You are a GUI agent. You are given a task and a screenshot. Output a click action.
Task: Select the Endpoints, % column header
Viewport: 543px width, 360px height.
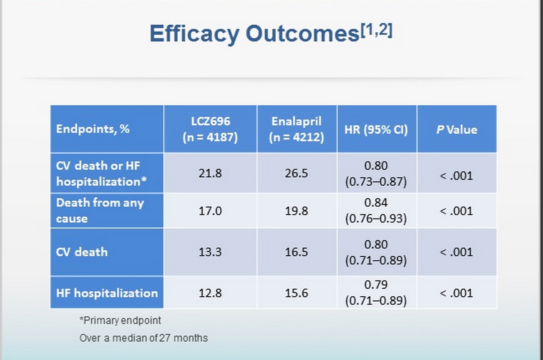click(93, 129)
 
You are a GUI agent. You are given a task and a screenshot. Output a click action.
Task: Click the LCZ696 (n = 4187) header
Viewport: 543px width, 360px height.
click(210, 129)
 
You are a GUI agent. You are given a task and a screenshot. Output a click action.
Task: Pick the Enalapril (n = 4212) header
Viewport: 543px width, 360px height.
click(297, 129)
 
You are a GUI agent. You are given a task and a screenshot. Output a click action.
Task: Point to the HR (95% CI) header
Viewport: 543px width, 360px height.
click(376, 129)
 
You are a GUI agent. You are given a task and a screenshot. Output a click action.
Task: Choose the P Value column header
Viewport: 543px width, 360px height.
click(457, 129)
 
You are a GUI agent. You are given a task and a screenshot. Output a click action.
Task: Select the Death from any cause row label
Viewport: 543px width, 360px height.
click(100, 210)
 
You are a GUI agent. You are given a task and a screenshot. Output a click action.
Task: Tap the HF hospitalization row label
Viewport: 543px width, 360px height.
click(107, 293)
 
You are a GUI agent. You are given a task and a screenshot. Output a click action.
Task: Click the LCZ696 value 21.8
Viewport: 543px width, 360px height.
click(210, 174)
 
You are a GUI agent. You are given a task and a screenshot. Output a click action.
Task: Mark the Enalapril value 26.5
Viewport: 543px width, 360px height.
click(297, 174)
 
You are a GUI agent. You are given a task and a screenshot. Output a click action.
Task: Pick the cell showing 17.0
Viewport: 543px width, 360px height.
click(210, 211)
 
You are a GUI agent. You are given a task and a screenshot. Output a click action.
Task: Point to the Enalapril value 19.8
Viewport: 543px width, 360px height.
click(297, 211)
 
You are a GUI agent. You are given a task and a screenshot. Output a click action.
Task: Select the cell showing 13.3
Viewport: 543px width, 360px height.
click(210, 252)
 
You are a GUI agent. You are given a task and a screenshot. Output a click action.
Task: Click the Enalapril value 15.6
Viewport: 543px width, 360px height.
click(297, 293)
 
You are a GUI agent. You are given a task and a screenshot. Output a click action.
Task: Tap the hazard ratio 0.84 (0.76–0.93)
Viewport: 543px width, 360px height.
click(376, 211)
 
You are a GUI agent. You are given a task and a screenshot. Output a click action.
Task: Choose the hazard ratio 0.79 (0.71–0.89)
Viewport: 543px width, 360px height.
click(376, 293)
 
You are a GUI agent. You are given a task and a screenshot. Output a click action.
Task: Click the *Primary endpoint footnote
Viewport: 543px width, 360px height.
click(120, 321)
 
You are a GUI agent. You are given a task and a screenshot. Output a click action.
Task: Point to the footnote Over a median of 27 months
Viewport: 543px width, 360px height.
click(144, 338)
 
